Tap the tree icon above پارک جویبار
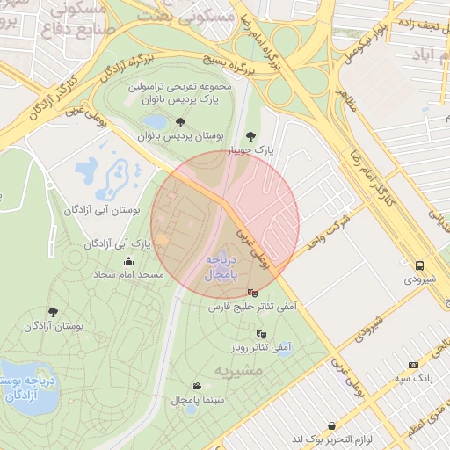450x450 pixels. tap(252, 136)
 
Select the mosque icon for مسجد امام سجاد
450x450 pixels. tap(129, 261)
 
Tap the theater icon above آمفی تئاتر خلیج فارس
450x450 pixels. tap(253, 293)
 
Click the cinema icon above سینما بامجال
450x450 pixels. tap(196, 386)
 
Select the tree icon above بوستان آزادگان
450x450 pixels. tap(54, 312)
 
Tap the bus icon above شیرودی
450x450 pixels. tap(419, 265)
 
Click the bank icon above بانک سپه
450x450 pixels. tap(413, 365)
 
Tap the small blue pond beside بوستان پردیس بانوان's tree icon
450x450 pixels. tap(155, 122)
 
